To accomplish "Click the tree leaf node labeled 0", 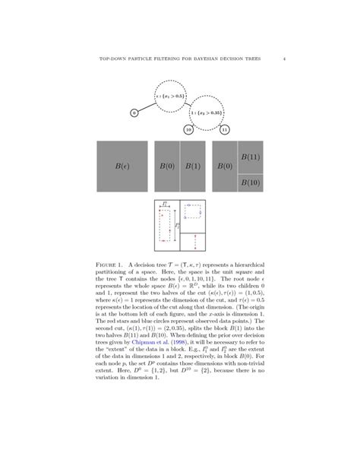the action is [x=134, y=113].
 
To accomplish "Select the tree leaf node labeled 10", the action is [x=188, y=130].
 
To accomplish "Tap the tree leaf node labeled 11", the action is [x=224, y=130].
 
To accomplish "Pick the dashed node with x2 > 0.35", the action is [x=207, y=113].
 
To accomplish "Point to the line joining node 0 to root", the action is [x=146, y=107].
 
